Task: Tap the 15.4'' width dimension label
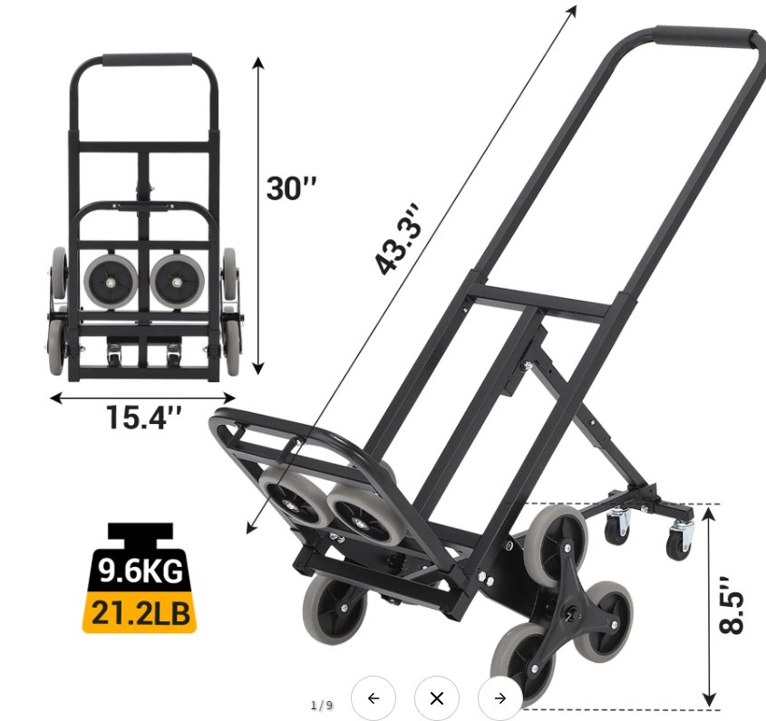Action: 143,418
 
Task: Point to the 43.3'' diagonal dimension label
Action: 398,239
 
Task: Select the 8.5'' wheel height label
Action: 732,605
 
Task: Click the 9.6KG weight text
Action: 141,570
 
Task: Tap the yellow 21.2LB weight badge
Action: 140,612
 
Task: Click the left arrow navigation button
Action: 373,698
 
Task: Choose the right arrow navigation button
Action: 499,698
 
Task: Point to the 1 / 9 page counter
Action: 322,705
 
